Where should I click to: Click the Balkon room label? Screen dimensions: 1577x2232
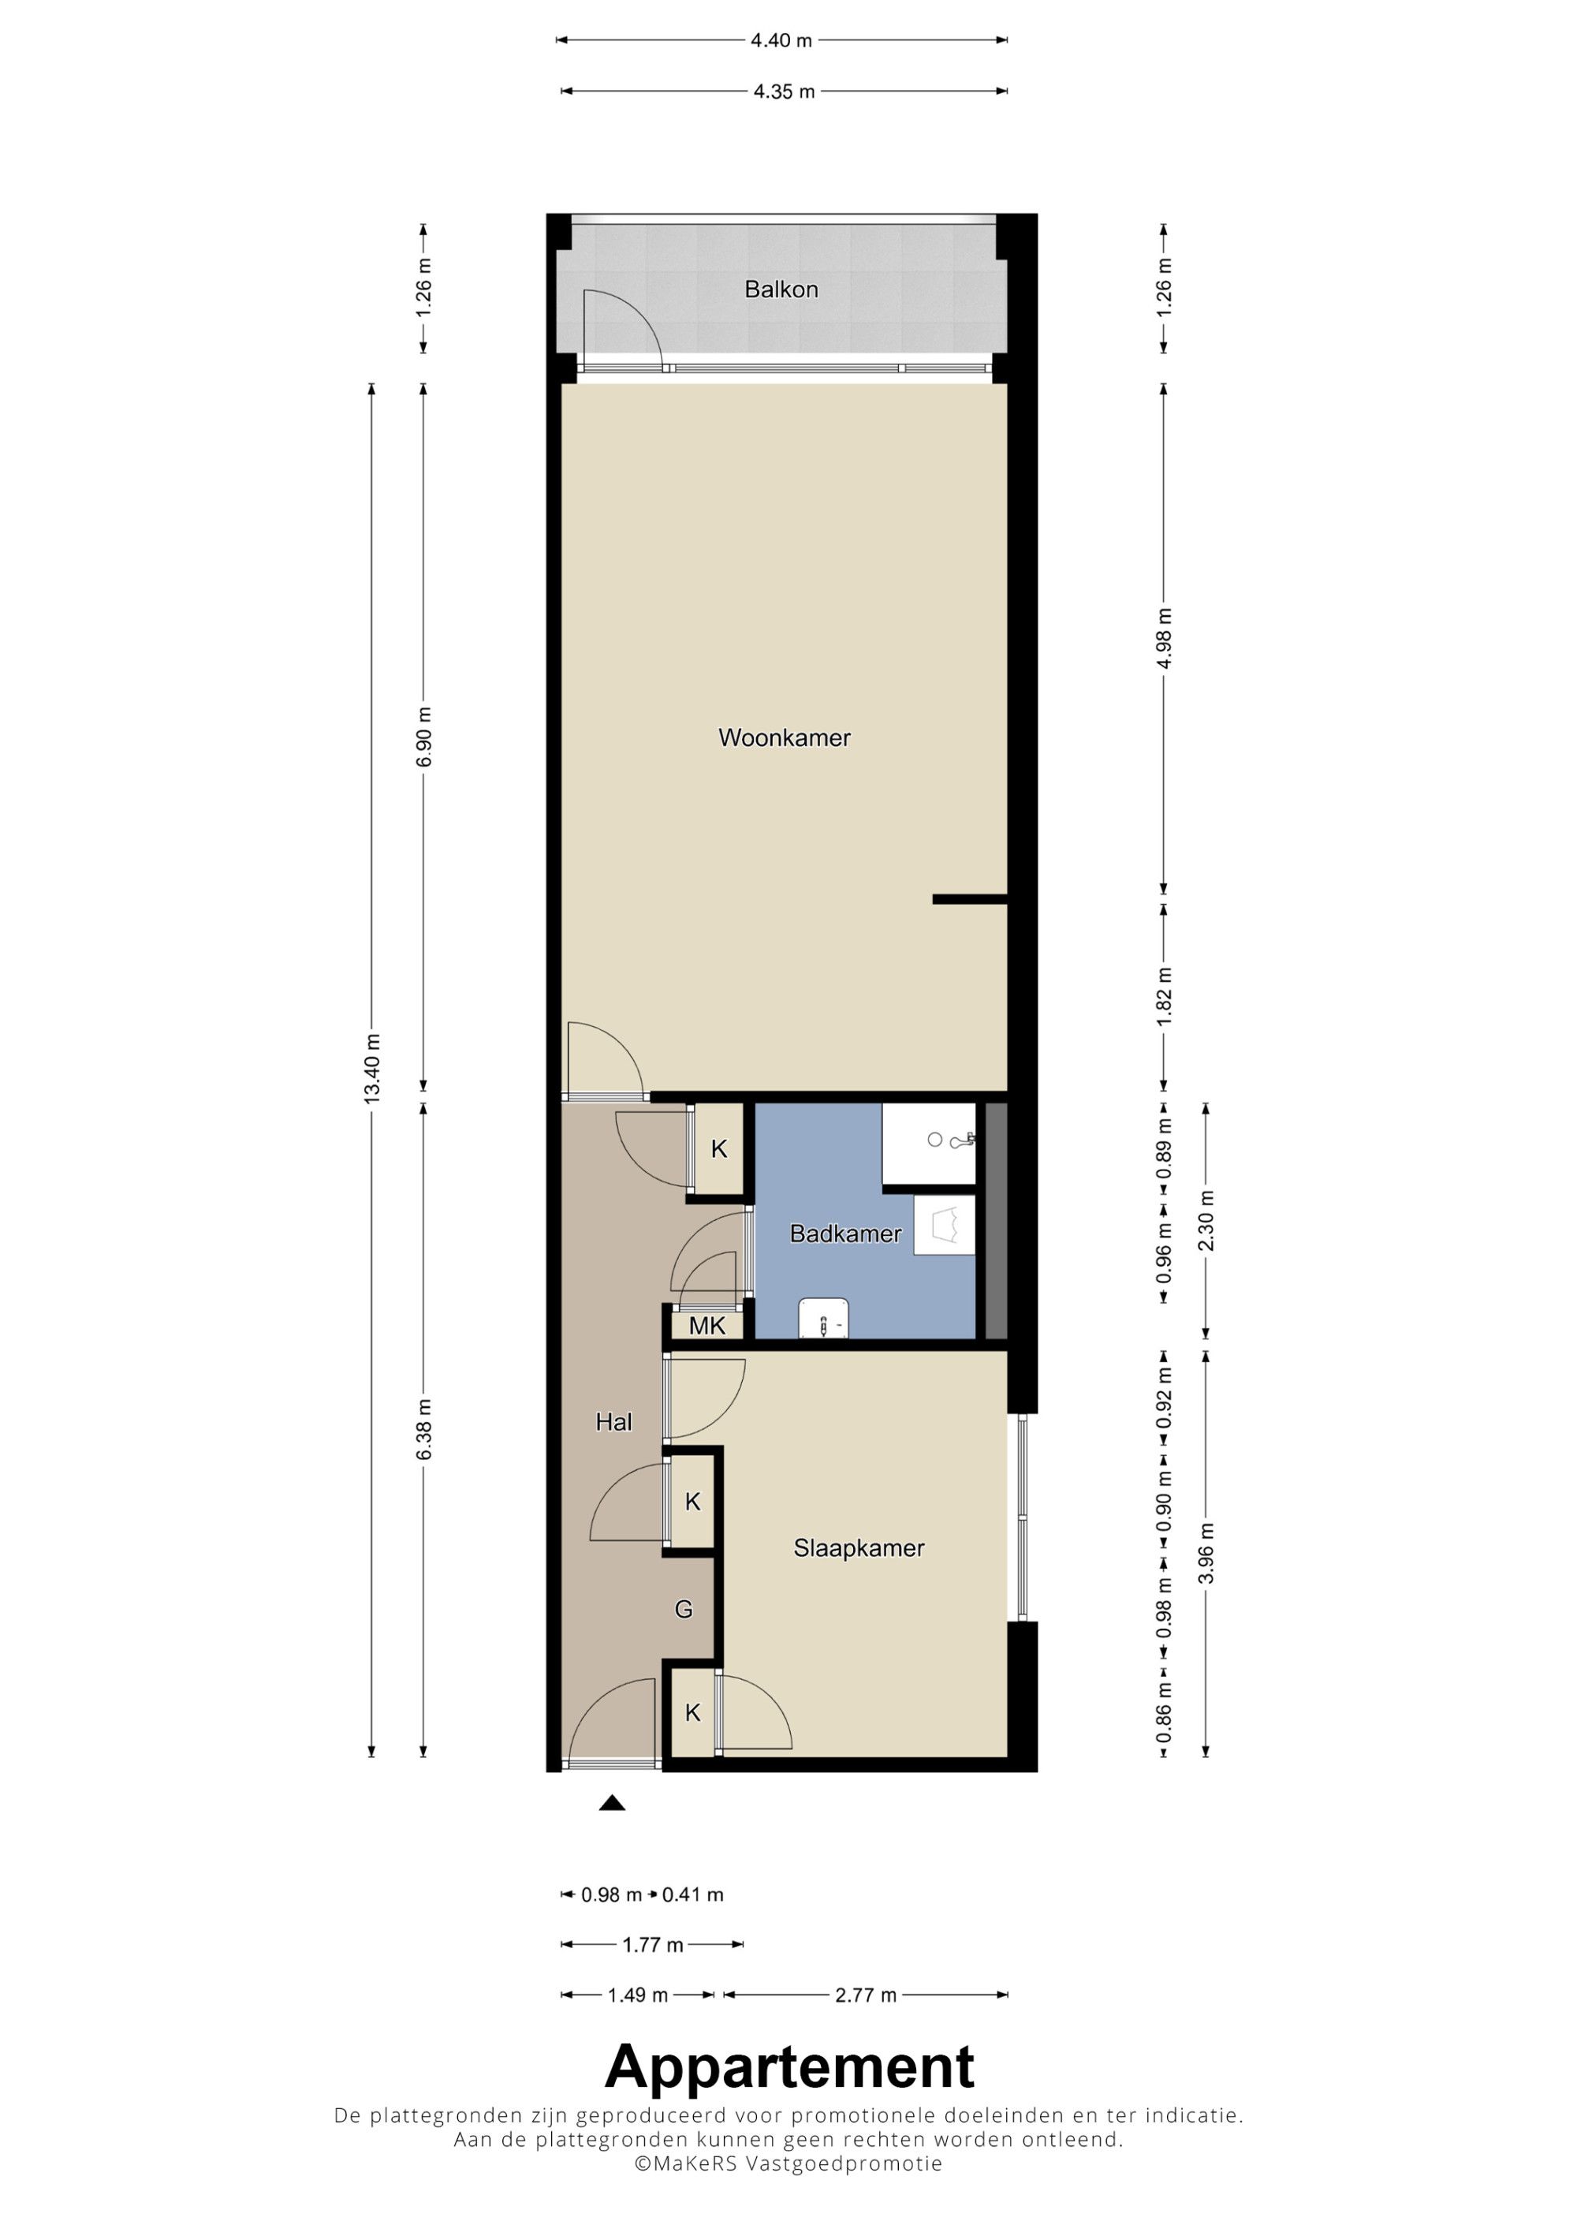[x=781, y=289]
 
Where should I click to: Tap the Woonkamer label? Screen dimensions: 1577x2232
[x=784, y=738]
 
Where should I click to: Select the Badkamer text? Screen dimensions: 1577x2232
[x=845, y=1234]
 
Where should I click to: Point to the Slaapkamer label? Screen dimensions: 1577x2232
[x=859, y=1547]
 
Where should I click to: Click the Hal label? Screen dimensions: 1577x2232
[x=613, y=1422]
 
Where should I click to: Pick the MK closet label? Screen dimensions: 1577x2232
[x=707, y=1326]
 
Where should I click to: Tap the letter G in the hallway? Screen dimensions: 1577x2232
[x=684, y=1610]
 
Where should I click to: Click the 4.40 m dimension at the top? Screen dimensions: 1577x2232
[x=781, y=41]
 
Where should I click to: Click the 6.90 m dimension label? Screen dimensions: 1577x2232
[x=425, y=737]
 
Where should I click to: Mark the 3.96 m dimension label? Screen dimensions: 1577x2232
[x=1206, y=1554]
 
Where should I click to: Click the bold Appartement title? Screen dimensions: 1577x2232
[x=789, y=2066]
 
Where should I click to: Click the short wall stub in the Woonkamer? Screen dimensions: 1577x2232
[x=970, y=899]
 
